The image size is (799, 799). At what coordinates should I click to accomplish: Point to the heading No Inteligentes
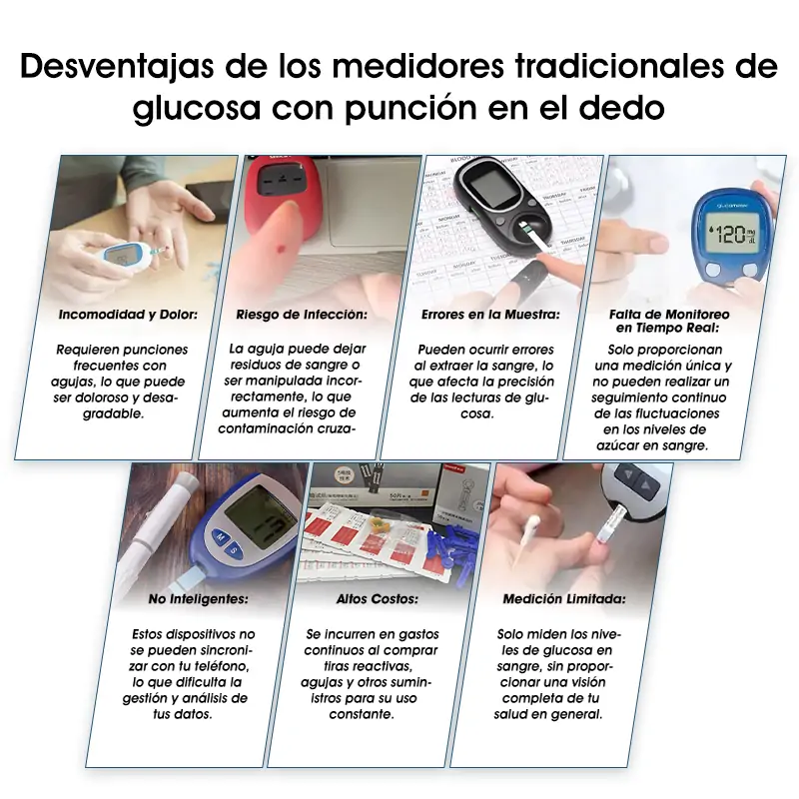[198, 599]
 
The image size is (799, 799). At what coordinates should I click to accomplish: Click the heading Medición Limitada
[564, 599]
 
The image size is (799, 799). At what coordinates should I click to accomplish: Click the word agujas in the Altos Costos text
[330, 682]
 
